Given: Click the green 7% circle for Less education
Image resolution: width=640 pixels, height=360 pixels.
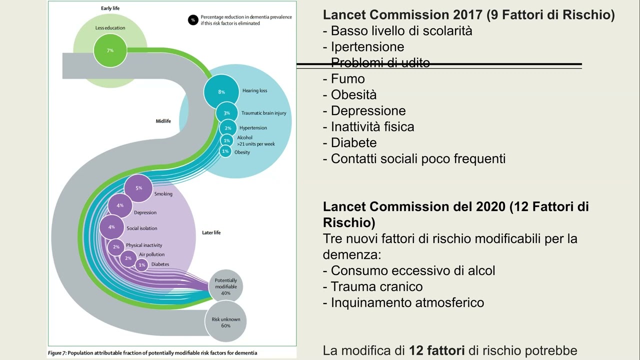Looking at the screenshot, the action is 110,50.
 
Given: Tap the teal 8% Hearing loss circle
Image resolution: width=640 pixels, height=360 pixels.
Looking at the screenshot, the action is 221,91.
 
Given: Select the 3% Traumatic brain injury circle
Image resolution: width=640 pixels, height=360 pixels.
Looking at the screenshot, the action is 226,113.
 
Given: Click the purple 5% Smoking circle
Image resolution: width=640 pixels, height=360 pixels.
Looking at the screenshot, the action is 138,188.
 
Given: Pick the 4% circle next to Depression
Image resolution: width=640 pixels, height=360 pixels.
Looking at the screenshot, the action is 120,205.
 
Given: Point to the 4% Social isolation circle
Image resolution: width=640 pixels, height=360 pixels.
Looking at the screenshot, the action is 111,227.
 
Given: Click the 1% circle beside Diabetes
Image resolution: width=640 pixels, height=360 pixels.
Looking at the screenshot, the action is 141,264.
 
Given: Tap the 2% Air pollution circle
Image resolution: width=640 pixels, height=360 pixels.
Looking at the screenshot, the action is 128,258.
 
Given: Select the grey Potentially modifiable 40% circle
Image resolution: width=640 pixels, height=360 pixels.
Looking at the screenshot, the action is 225,286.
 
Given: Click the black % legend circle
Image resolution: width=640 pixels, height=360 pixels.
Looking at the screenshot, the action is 193,20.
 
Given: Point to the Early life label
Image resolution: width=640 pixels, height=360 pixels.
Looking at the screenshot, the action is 110,8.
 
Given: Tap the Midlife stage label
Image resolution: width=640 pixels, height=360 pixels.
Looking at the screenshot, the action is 163,121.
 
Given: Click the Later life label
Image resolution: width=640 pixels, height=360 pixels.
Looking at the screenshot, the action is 211,232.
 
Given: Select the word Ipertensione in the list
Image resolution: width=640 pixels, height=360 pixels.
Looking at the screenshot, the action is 367,47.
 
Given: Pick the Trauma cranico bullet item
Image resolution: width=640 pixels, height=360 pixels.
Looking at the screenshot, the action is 376,286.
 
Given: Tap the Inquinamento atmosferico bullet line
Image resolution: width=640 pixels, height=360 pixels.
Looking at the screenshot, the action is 407,302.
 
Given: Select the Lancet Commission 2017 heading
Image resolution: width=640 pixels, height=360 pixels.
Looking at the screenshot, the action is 404,15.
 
